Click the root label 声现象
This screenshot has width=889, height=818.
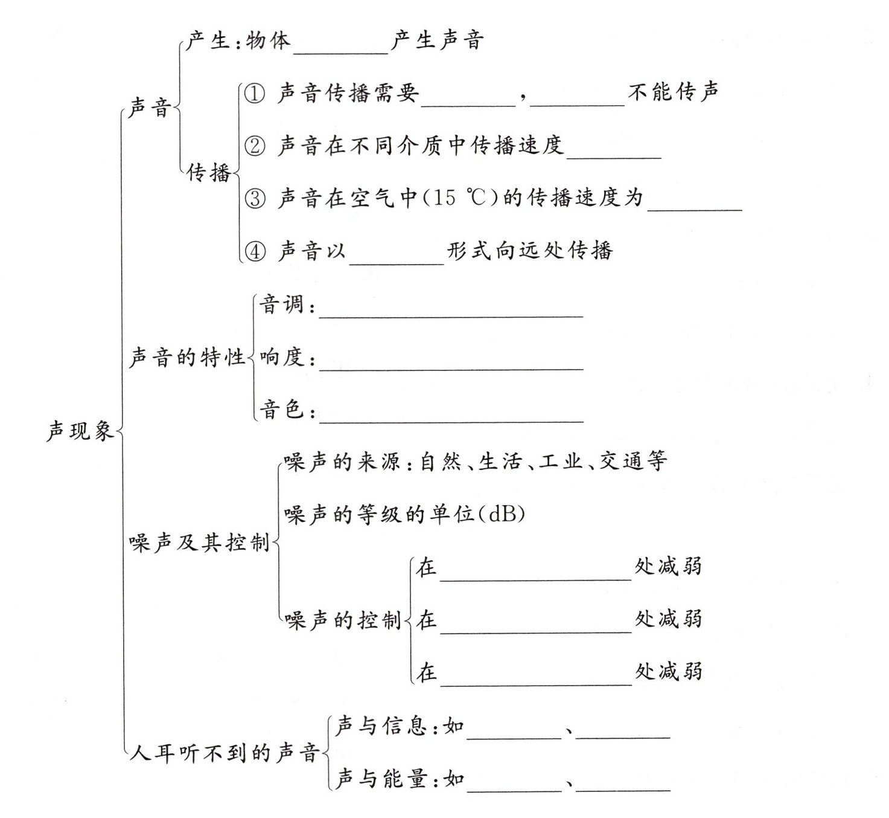click(x=80, y=431)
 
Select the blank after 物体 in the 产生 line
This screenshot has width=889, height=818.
click(x=341, y=48)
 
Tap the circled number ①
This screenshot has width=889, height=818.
click(x=254, y=94)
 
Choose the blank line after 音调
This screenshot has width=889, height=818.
click(x=451, y=311)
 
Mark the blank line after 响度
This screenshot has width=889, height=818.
click(x=451, y=363)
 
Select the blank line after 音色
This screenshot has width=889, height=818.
click(x=451, y=416)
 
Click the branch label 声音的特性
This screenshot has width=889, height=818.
click(x=187, y=358)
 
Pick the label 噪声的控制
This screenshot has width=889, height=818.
click(x=343, y=620)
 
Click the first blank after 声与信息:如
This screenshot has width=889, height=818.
click(x=514, y=732)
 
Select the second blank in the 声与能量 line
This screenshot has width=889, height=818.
click(x=623, y=785)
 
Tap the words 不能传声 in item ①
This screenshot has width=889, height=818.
click(x=673, y=92)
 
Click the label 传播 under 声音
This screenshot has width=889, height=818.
click(x=208, y=173)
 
